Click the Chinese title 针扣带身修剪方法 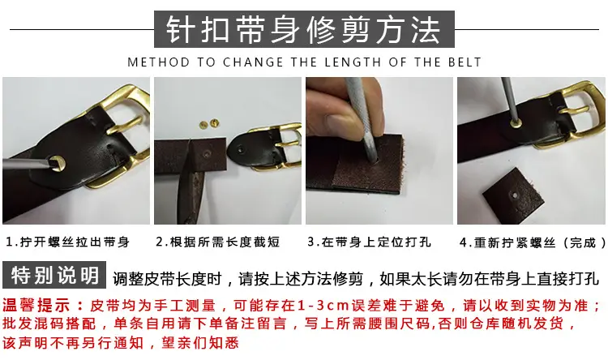coord(304,29)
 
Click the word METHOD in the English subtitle coord(159,62)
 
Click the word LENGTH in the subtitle coord(353,62)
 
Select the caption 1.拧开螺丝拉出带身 coord(68,242)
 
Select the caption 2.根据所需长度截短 coord(218,242)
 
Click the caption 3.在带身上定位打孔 coord(369,242)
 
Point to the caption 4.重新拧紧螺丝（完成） coord(533,242)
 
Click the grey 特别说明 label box coord(54,275)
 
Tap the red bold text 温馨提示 coord(36,306)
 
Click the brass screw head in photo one coord(58,163)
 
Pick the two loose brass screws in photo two coord(209,124)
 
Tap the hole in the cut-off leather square coord(515,195)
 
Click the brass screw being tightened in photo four coord(516,123)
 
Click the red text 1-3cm coord(323,306)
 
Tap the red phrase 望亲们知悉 coord(199,342)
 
